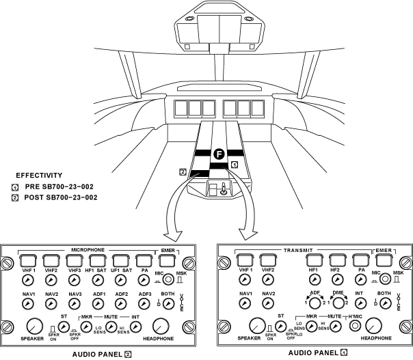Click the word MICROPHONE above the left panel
click(88, 250)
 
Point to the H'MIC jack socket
click(355, 327)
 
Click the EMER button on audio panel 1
click(382, 260)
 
